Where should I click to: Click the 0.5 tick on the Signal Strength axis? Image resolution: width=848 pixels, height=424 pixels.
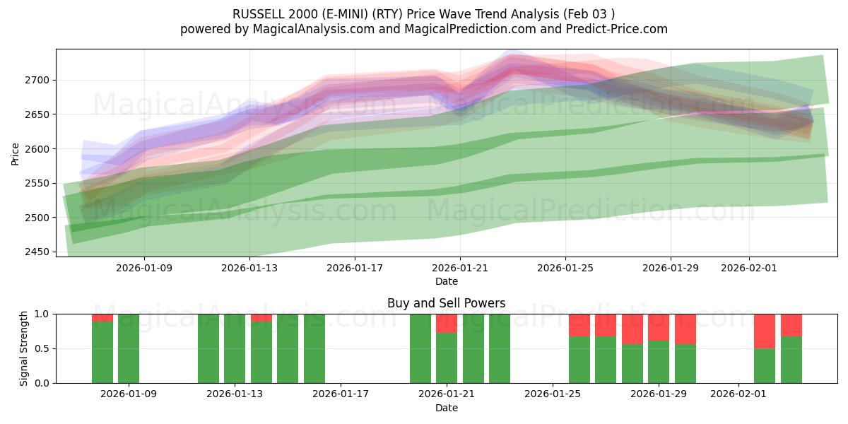tap(42, 348)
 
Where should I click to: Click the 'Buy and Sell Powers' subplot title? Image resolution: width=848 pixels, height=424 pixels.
tap(446, 303)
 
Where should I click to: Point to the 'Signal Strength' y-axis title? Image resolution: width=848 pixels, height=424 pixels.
tap(24, 348)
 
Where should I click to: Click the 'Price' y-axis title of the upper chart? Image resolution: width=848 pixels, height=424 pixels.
tap(16, 153)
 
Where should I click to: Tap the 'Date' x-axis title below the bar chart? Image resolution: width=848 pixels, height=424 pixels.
tap(446, 408)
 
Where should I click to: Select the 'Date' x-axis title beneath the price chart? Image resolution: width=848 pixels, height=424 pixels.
tap(446, 281)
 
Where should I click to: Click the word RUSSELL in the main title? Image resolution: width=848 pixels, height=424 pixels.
tap(256, 14)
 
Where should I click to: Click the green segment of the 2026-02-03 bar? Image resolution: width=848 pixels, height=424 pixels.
tap(791, 360)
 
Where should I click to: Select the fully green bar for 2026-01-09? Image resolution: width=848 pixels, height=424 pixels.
tap(129, 348)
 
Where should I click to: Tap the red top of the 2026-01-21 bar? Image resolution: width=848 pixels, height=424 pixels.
tap(447, 323)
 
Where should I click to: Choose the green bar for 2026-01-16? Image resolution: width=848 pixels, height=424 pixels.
tap(314, 348)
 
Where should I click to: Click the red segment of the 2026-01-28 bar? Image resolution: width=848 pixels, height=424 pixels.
tap(632, 329)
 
